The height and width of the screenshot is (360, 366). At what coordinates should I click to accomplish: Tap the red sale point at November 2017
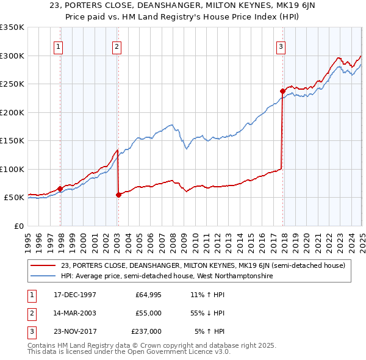coord(282,92)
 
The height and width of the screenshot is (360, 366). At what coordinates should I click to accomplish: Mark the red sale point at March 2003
coord(118,195)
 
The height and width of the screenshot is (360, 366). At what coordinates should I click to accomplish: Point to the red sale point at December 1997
coord(60,189)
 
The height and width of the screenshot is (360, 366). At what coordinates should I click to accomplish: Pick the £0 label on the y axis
coord(19,226)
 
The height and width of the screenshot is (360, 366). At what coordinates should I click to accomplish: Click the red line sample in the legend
coord(43,265)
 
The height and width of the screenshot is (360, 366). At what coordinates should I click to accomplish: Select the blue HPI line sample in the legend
coord(43,276)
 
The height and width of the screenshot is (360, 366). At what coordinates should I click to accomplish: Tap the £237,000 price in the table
coord(146,331)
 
